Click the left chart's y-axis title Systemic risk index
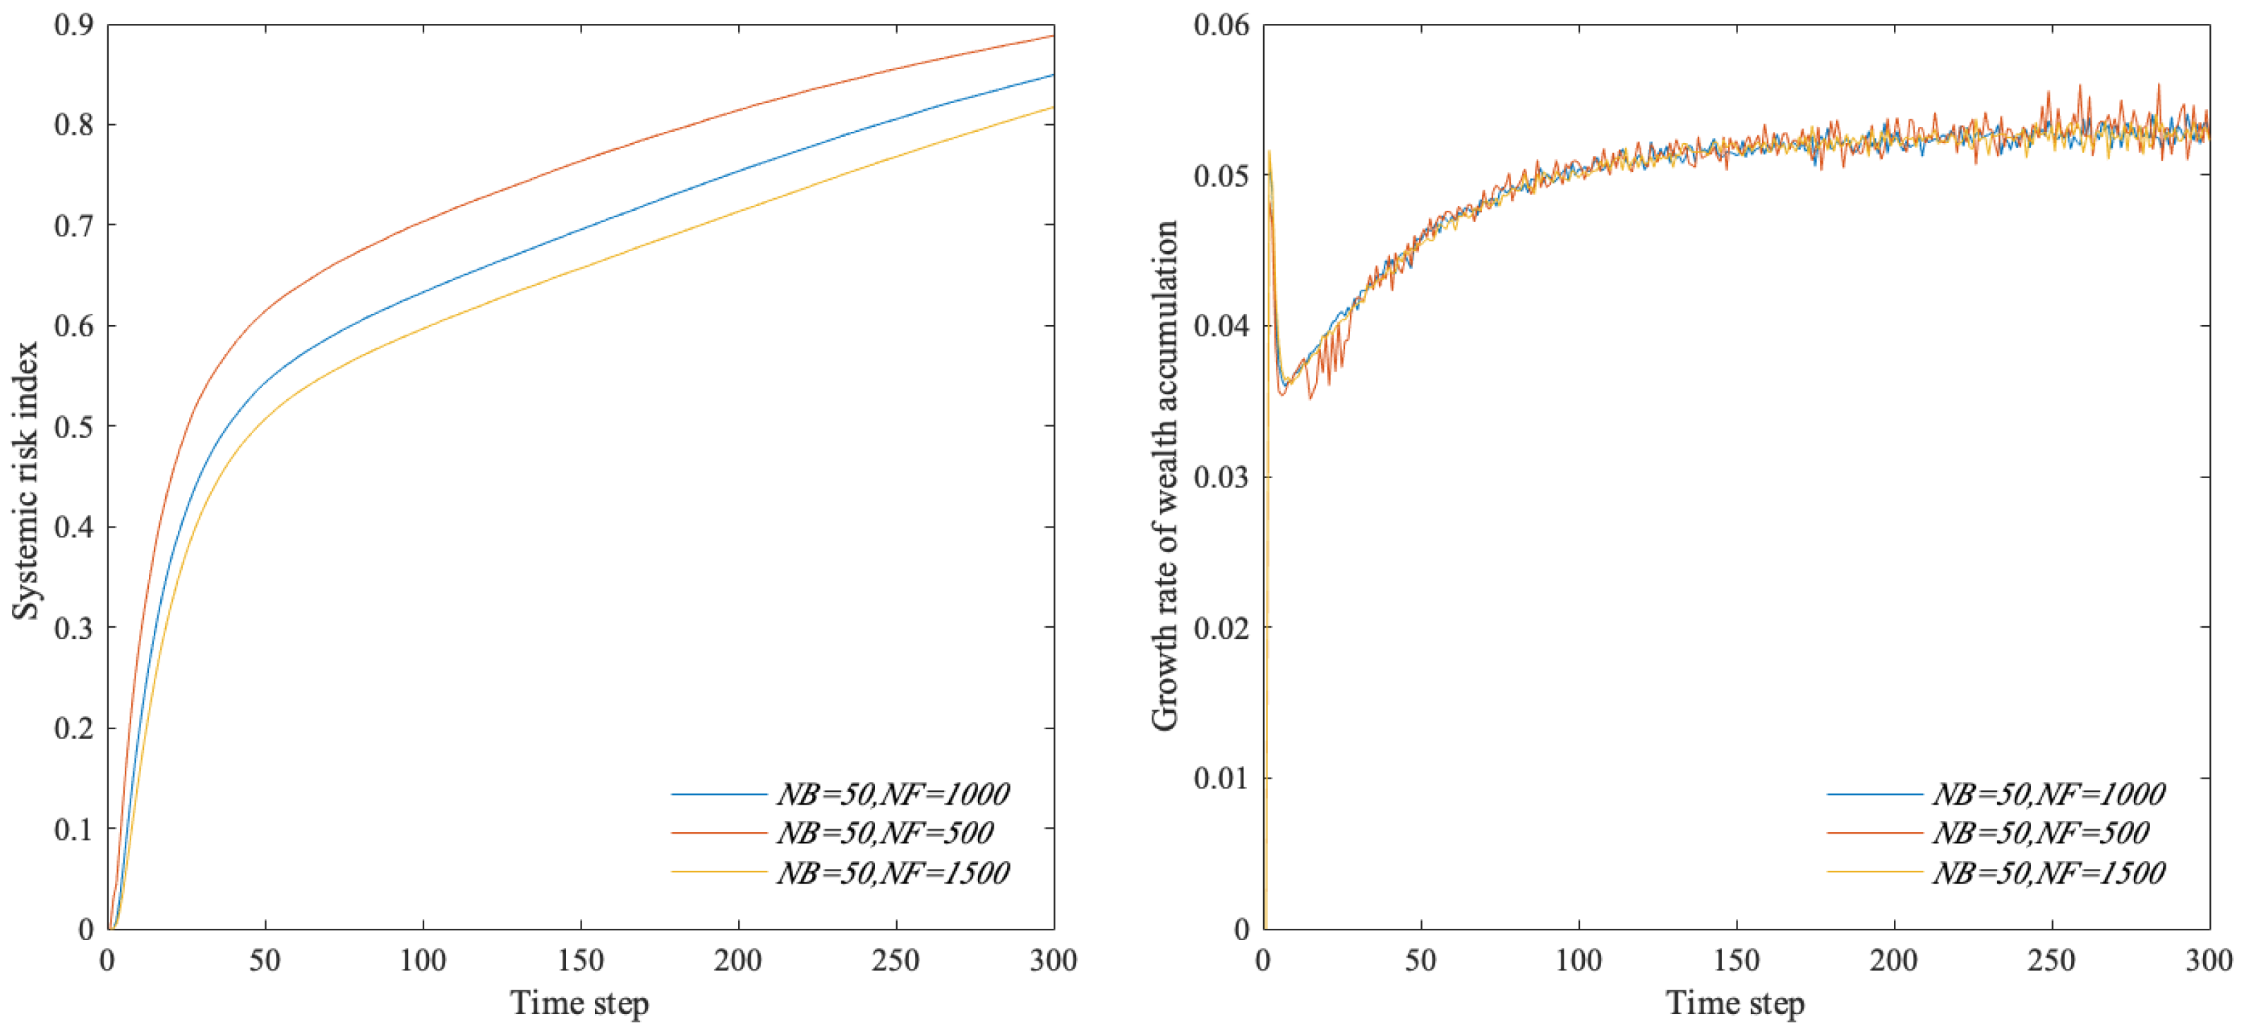26,480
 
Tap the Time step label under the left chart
579,1003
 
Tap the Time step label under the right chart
1735,1003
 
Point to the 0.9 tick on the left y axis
73,25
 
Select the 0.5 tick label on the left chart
73,427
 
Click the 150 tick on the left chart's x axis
580,961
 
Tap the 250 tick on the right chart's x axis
2051,961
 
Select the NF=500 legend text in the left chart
885,833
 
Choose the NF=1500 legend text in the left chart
893,872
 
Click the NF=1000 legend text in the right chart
2049,794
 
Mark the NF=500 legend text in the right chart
2041,833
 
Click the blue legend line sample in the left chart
718,795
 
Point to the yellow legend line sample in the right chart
1875,872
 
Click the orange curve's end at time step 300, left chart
1052,37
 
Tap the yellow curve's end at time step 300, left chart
1052,107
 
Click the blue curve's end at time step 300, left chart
1052,75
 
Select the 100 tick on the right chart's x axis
1579,961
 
